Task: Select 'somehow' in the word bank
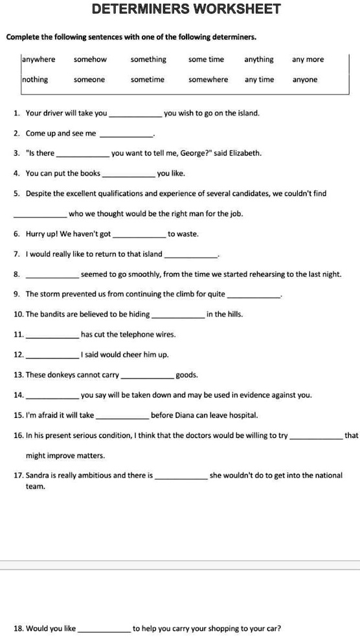(90, 60)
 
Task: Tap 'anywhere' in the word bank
(39, 60)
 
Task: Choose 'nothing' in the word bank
(35, 80)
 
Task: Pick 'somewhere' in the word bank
(208, 80)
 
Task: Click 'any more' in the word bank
(308, 60)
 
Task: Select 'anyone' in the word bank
(305, 80)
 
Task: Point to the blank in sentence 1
(136, 115)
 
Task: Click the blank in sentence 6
(139, 236)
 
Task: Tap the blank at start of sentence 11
(51, 337)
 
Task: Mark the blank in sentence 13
(148, 377)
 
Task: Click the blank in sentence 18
(104, 630)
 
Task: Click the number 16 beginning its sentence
(17, 435)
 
